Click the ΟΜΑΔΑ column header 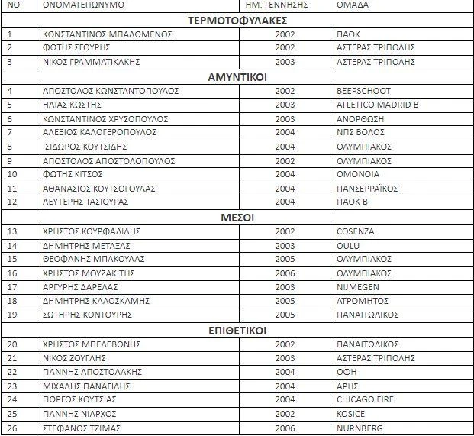(351, 5)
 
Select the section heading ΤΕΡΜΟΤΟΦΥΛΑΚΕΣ (237, 20)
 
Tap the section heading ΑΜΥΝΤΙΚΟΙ (237, 76)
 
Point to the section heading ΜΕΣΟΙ (237, 218)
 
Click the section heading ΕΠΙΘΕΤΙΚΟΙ (237, 331)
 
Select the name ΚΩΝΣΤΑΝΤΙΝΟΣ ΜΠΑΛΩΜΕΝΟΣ (108, 34)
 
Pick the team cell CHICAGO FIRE (365, 399)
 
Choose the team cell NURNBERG (360, 428)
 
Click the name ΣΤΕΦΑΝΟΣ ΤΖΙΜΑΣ (82, 428)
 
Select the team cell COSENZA (355, 231)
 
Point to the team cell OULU (347, 245)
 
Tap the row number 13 (11, 231)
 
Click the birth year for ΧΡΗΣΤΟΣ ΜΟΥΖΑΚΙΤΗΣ (285, 273)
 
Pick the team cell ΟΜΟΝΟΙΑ (358, 174)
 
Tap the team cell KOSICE (351, 414)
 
